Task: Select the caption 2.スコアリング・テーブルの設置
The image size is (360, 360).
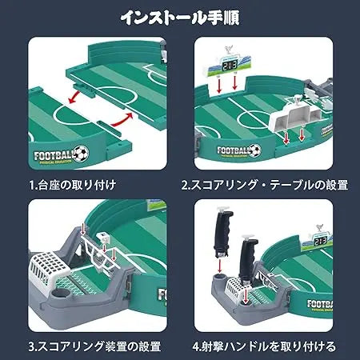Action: point(264,185)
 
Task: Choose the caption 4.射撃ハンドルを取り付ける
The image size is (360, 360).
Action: point(264,347)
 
